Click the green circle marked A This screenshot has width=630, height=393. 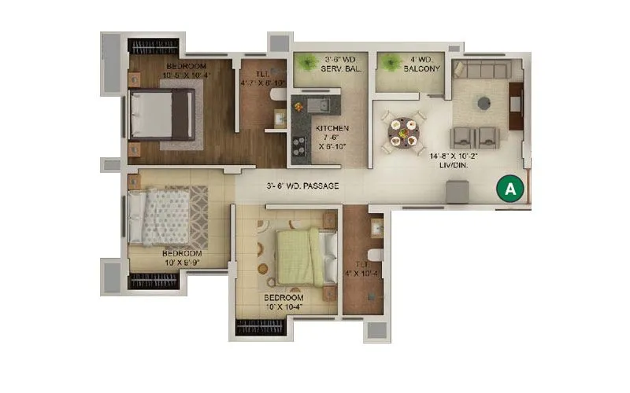tap(510, 189)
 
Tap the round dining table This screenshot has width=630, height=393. tap(402, 134)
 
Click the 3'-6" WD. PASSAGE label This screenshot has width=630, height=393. tap(302, 186)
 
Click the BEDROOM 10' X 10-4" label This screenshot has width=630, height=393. tap(283, 303)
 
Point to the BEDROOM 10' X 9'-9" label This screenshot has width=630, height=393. tap(182, 259)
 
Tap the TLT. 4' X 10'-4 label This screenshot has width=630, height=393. tap(363, 270)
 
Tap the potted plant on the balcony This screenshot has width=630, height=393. tap(387, 61)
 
